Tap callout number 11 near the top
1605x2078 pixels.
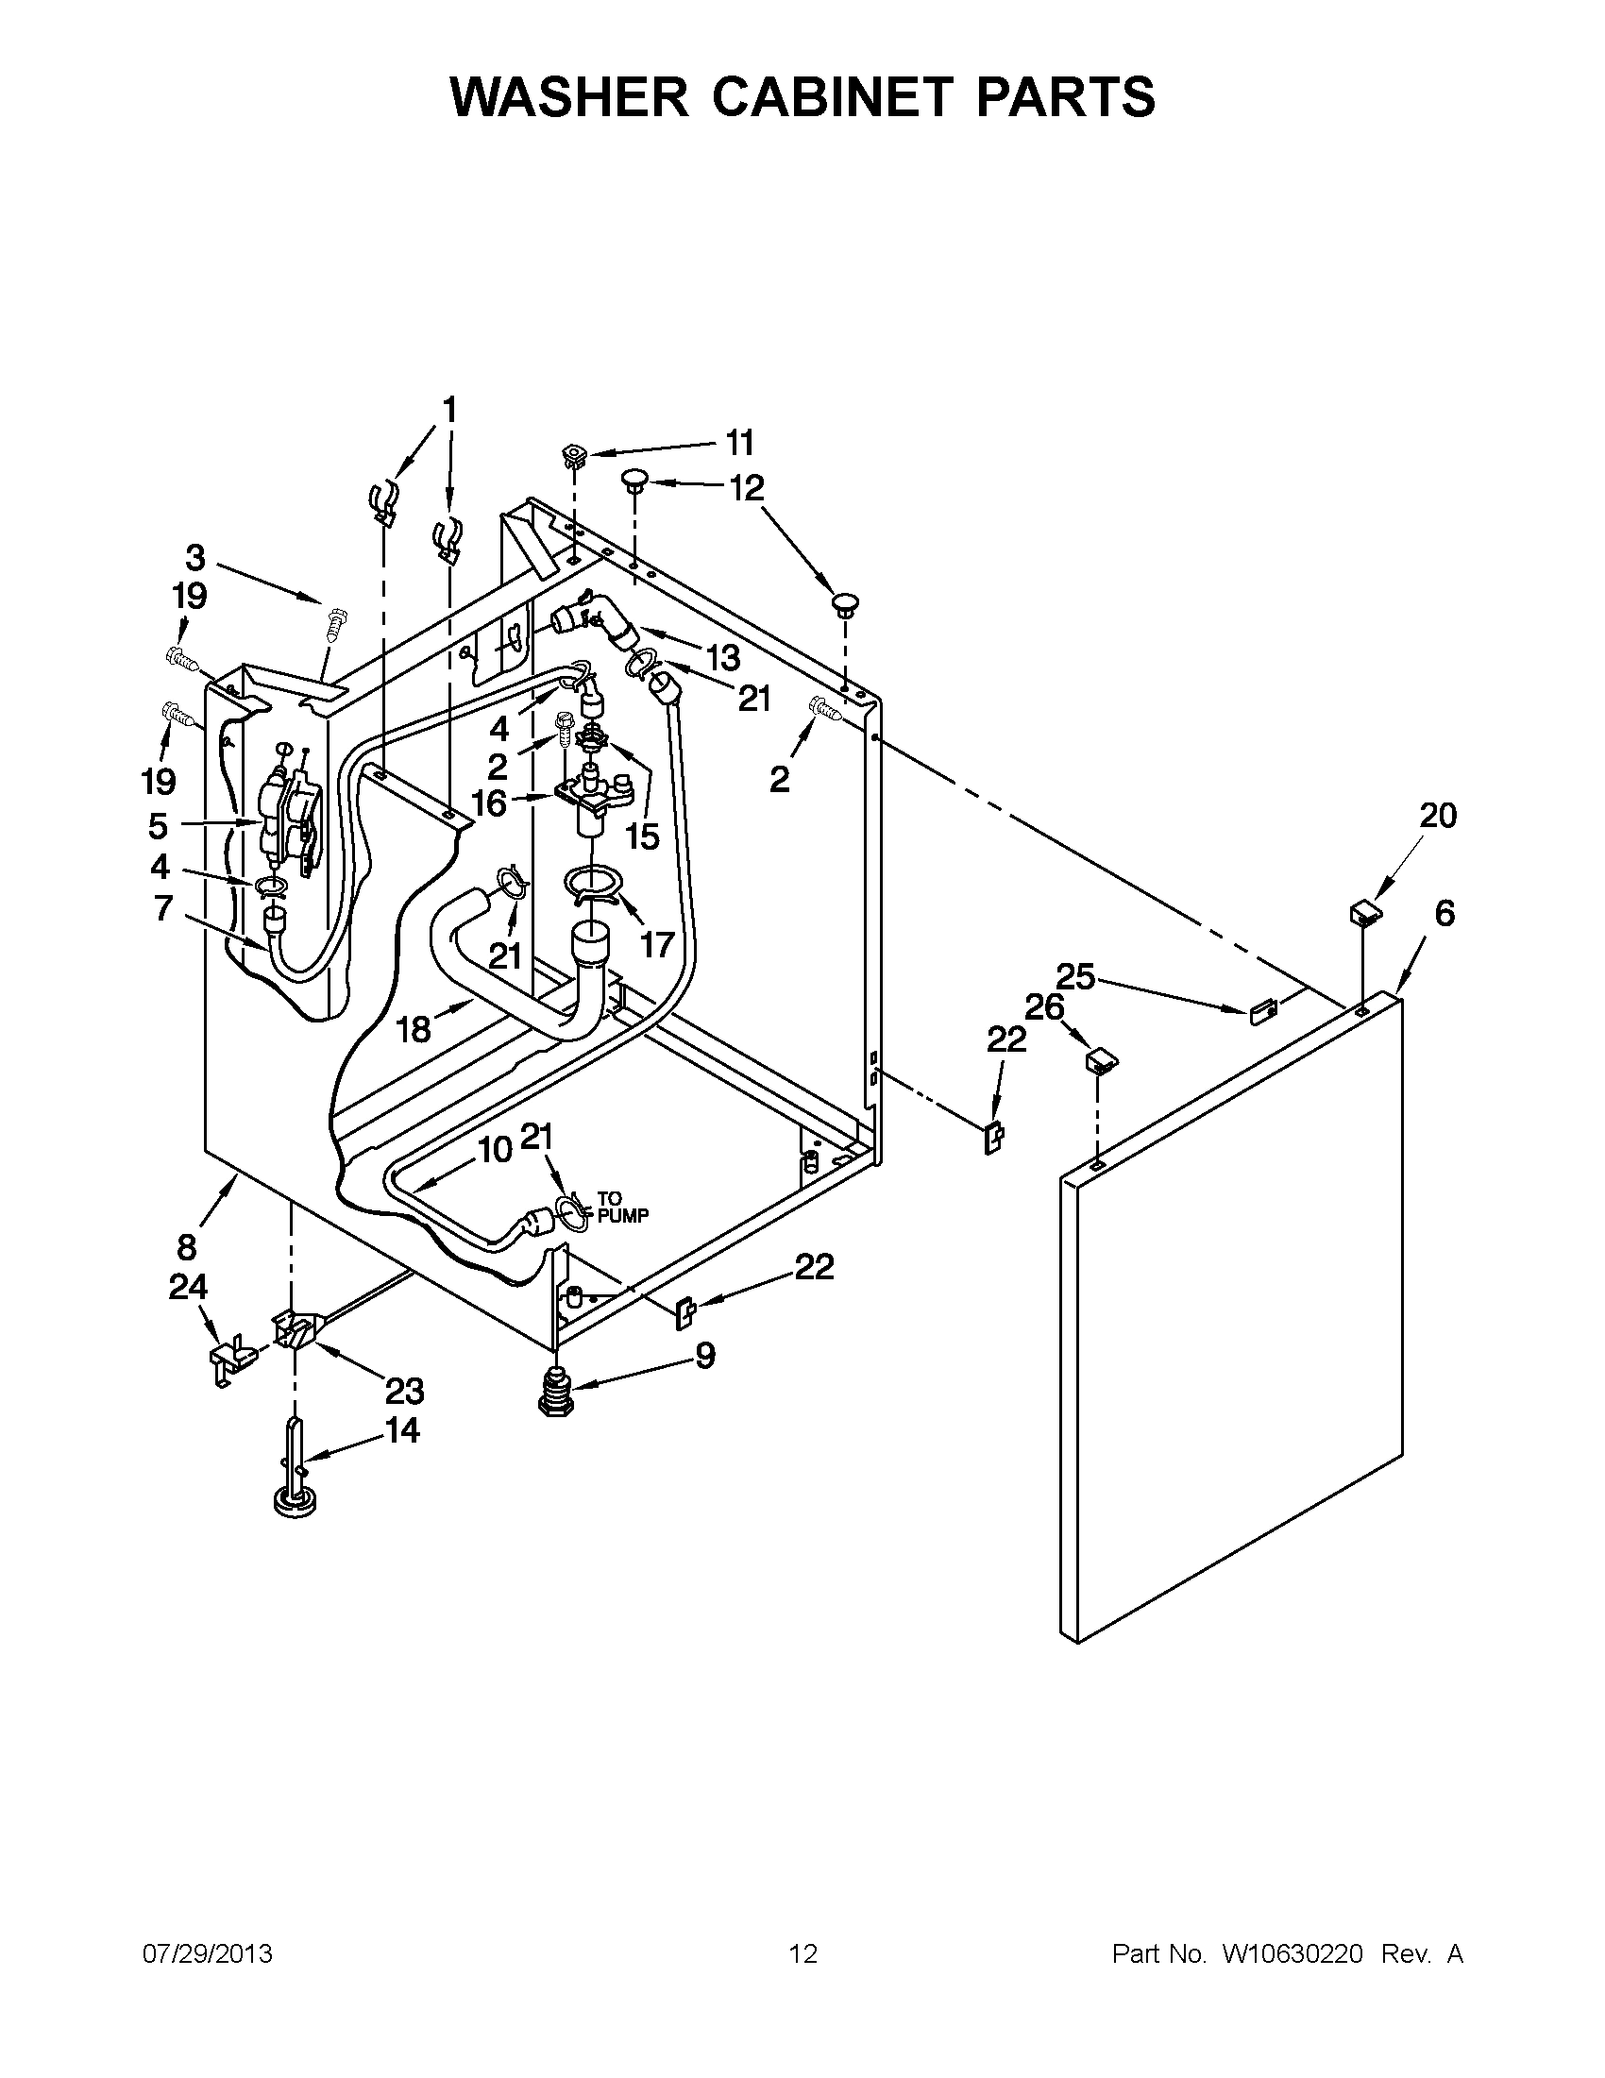(739, 443)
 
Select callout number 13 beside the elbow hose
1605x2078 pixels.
(721, 656)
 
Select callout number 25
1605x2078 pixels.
(1075, 976)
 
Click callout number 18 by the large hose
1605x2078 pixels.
(413, 1028)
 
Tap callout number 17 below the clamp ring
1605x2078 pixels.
(656, 945)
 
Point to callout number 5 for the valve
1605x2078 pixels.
(158, 825)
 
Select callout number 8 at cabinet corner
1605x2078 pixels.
(187, 1246)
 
